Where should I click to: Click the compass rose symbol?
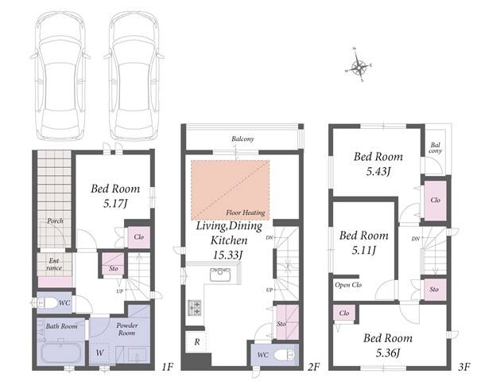pos(359,65)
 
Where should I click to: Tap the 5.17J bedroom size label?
pos(114,204)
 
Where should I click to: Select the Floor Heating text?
pos(245,212)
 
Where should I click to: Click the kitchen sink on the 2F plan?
pos(220,275)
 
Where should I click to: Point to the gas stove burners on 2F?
pos(195,307)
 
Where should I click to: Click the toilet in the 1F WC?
pos(46,302)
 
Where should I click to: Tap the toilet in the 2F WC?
pos(285,355)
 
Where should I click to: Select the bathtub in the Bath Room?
pos(61,353)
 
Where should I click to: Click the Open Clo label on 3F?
pos(348,285)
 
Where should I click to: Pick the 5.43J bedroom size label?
pos(378,172)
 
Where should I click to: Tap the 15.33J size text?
pos(227,255)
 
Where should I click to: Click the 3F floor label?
pos(464,367)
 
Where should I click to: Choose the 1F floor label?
pos(167,367)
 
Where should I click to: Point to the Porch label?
pos(55,221)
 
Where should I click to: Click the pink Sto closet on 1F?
pos(113,264)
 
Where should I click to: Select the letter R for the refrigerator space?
pos(197,342)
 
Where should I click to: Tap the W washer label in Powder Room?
pos(99,353)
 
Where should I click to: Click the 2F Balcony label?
pos(242,139)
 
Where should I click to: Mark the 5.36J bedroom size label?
pos(388,353)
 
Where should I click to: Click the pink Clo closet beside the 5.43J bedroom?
pos(436,201)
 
